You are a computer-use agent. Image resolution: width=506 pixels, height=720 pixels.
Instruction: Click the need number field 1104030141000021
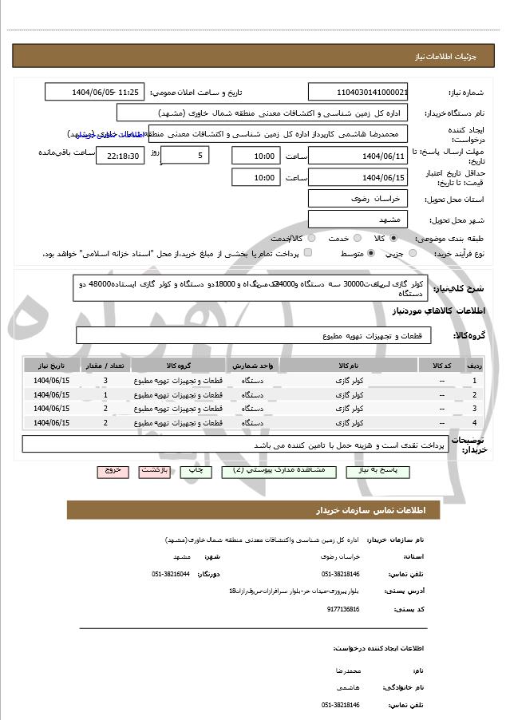358,92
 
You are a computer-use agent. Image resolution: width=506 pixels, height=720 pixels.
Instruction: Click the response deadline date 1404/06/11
358,156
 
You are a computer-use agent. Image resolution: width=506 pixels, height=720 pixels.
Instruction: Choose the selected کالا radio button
393,238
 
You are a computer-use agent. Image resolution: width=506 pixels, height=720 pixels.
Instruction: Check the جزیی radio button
413,253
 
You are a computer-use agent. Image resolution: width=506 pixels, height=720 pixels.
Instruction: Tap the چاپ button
195,472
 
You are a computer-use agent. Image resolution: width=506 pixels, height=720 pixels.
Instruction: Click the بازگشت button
155,472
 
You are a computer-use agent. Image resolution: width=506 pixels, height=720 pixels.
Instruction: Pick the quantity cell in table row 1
105,380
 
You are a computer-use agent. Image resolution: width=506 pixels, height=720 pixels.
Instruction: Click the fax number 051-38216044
171,574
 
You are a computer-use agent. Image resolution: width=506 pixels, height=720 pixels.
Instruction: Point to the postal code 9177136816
342,609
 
